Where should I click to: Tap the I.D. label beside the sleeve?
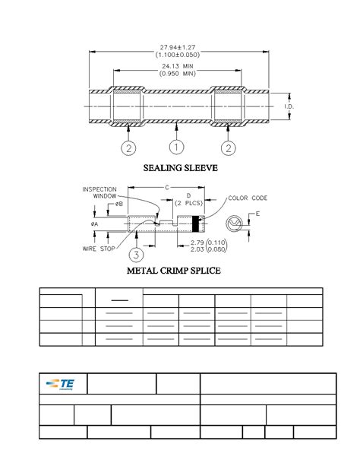point(289,106)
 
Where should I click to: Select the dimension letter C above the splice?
point(166,186)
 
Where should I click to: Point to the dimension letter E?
point(257,214)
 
